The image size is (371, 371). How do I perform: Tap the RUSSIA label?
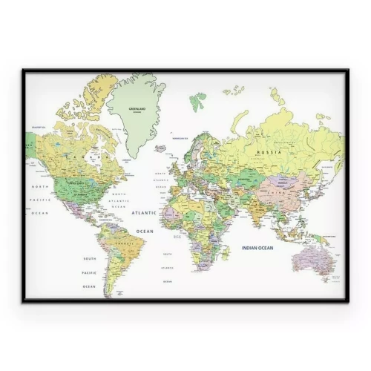[x=269, y=151]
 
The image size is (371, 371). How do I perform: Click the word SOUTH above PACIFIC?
[x=89, y=258]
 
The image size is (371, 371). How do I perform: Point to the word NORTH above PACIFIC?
[x=39, y=186]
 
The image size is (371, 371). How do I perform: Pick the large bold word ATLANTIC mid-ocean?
[x=144, y=212]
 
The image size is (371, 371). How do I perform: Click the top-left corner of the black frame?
[x=23, y=70]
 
